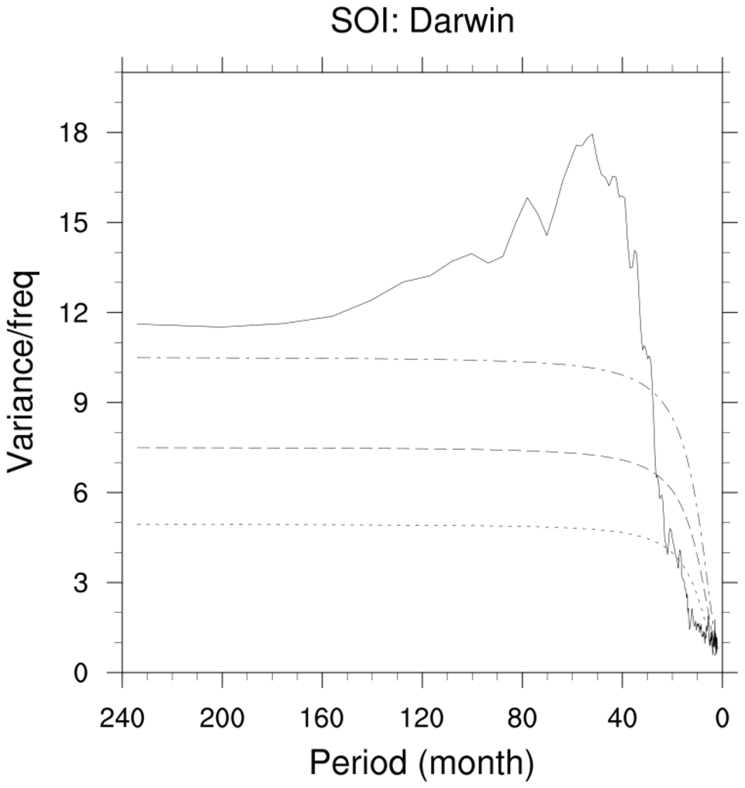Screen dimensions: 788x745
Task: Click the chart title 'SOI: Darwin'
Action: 423,22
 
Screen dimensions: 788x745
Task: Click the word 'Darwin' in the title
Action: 462,22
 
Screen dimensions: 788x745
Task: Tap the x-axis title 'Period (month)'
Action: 423,763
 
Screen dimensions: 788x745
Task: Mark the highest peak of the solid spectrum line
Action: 593,134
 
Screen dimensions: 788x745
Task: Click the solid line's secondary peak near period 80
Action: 527,198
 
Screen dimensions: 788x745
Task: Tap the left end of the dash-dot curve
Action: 137,358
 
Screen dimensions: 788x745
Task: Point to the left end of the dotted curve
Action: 137,524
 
